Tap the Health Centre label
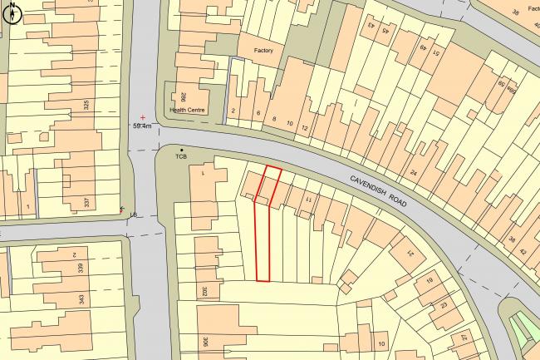coord(187,109)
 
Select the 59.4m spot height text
coord(143,126)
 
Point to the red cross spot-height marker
coord(143,117)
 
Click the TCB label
coord(182,156)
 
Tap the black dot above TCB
coord(182,149)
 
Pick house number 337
coord(86,202)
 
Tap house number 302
coord(204,292)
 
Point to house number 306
coord(204,343)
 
